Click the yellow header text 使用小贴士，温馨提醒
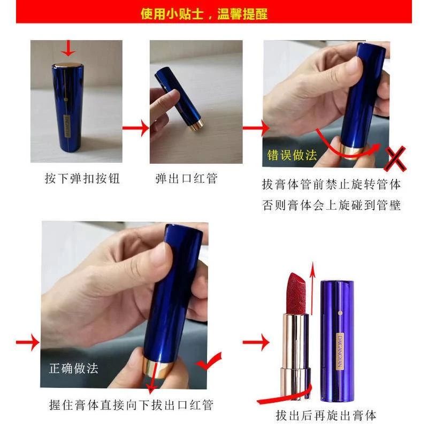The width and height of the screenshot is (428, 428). [x=204, y=14]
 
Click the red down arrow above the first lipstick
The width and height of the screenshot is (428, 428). [x=68, y=48]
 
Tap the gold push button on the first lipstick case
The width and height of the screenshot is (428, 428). [x=67, y=65]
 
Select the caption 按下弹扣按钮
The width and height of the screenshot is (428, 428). [x=82, y=179]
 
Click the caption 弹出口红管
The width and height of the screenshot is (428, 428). [x=186, y=179]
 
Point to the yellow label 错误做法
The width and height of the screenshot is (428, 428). [x=292, y=155]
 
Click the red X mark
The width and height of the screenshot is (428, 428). [x=395, y=158]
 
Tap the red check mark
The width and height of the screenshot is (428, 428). [x=209, y=362]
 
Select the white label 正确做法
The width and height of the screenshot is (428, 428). [x=73, y=368]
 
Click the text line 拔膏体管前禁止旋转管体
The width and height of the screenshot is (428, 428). [x=331, y=185]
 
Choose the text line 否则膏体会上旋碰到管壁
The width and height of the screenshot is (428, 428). [x=331, y=205]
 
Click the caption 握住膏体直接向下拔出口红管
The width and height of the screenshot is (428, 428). [x=131, y=405]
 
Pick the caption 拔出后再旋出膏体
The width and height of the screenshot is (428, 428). [x=326, y=416]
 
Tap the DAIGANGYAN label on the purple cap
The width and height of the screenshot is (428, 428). [x=340, y=351]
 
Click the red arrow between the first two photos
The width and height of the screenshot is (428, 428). [x=136, y=128]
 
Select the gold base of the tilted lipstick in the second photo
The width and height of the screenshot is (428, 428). [x=195, y=124]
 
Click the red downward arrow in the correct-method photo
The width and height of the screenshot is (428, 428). [x=153, y=377]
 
